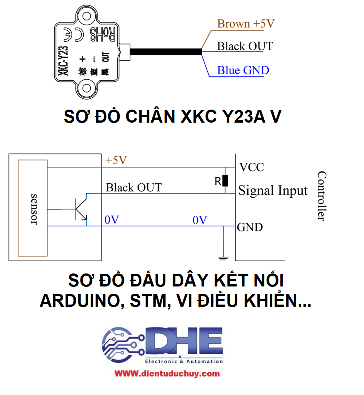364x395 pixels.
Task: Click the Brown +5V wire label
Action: click(x=246, y=24)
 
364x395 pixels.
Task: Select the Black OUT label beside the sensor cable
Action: click(x=245, y=46)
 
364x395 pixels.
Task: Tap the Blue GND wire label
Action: click(x=243, y=70)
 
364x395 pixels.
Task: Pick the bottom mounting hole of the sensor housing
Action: click(x=87, y=88)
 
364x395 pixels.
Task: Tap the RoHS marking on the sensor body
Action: click(x=102, y=34)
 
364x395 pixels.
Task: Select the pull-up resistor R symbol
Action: click(x=225, y=180)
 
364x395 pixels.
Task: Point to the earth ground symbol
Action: click(x=223, y=257)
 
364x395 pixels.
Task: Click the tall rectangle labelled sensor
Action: click(x=33, y=208)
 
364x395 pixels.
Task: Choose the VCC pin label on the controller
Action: click(x=252, y=167)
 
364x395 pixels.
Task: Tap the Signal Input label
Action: click(x=273, y=191)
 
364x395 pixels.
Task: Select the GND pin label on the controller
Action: click(x=250, y=227)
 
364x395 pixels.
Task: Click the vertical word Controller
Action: click(x=321, y=196)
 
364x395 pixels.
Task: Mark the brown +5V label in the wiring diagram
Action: click(x=116, y=161)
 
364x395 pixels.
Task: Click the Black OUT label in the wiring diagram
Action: click(x=134, y=187)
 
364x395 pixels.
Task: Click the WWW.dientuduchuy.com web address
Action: click(x=167, y=373)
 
